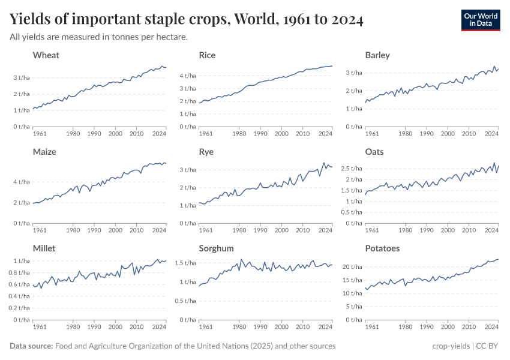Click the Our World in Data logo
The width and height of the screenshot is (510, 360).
tap(480, 20)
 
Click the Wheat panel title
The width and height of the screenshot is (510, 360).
tap(46, 55)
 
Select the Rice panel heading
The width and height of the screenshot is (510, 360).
tap(207, 55)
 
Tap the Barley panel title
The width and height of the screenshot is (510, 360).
tap(377, 55)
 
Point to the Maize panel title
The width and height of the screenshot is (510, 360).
tap(44, 152)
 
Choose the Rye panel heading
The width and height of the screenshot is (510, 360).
tap(206, 152)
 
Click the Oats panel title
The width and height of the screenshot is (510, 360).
tap(374, 152)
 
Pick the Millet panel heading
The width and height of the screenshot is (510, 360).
tap(45, 248)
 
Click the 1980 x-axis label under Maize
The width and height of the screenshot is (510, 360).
tap(73, 230)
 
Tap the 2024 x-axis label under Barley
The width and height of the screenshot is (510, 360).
tap(491, 133)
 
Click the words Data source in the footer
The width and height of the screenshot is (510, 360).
tap(31, 346)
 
